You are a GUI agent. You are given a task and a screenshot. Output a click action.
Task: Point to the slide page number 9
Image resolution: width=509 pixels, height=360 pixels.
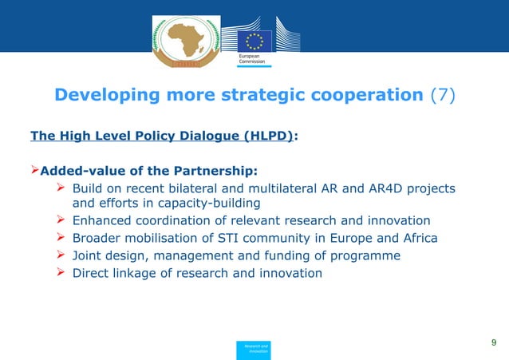click(494, 342)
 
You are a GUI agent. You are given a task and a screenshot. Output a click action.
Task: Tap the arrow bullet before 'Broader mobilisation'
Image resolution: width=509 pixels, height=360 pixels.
click(61, 238)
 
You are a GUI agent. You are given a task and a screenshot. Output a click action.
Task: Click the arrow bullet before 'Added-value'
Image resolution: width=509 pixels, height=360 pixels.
click(35, 170)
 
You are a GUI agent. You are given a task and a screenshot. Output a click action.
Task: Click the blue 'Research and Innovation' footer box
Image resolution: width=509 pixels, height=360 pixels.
click(254, 348)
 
